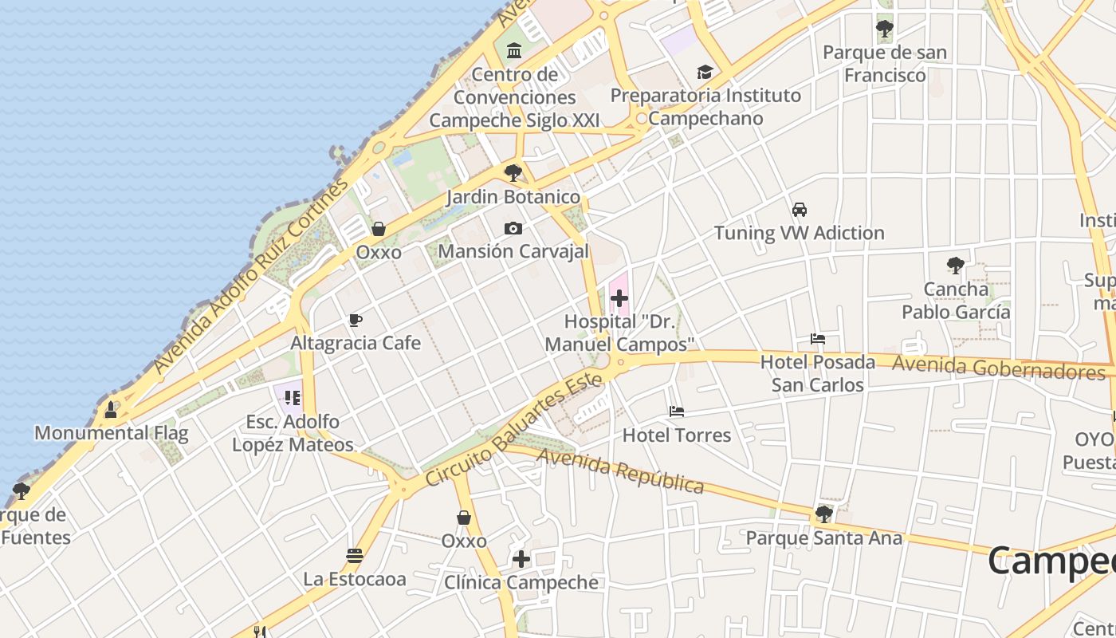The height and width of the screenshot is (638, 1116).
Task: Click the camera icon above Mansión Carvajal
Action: point(513,229)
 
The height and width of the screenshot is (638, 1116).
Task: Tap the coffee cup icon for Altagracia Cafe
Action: point(356,321)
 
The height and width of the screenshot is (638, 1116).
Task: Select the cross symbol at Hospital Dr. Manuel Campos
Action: point(619,299)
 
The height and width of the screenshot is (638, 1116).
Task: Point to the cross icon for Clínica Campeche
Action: point(521,559)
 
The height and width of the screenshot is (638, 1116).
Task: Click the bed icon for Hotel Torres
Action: point(677,412)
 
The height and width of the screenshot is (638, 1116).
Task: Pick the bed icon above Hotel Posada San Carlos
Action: point(818,339)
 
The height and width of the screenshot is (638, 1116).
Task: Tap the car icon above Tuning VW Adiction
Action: point(800,210)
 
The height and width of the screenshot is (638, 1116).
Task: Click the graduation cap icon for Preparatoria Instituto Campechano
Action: point(705,73)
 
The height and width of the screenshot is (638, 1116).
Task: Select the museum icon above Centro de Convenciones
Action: point(514,52)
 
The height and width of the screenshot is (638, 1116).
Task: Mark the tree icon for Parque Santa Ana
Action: point(824,514)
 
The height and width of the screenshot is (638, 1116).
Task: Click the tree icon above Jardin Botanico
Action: point(513,172)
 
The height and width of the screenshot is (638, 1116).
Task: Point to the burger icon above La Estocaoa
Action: point(355,556)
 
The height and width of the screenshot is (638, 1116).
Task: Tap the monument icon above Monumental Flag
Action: point(111,410)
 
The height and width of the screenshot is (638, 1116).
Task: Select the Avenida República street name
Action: point(620,470)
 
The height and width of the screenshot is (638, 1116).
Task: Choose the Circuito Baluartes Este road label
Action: point(513,431)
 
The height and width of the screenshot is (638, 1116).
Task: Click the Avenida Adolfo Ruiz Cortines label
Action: point(251,275)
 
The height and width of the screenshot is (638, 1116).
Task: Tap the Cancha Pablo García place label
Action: point(956,301)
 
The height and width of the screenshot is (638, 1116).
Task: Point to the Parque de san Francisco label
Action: point(885,64)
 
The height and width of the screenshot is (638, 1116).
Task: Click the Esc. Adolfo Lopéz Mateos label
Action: point(293,433)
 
